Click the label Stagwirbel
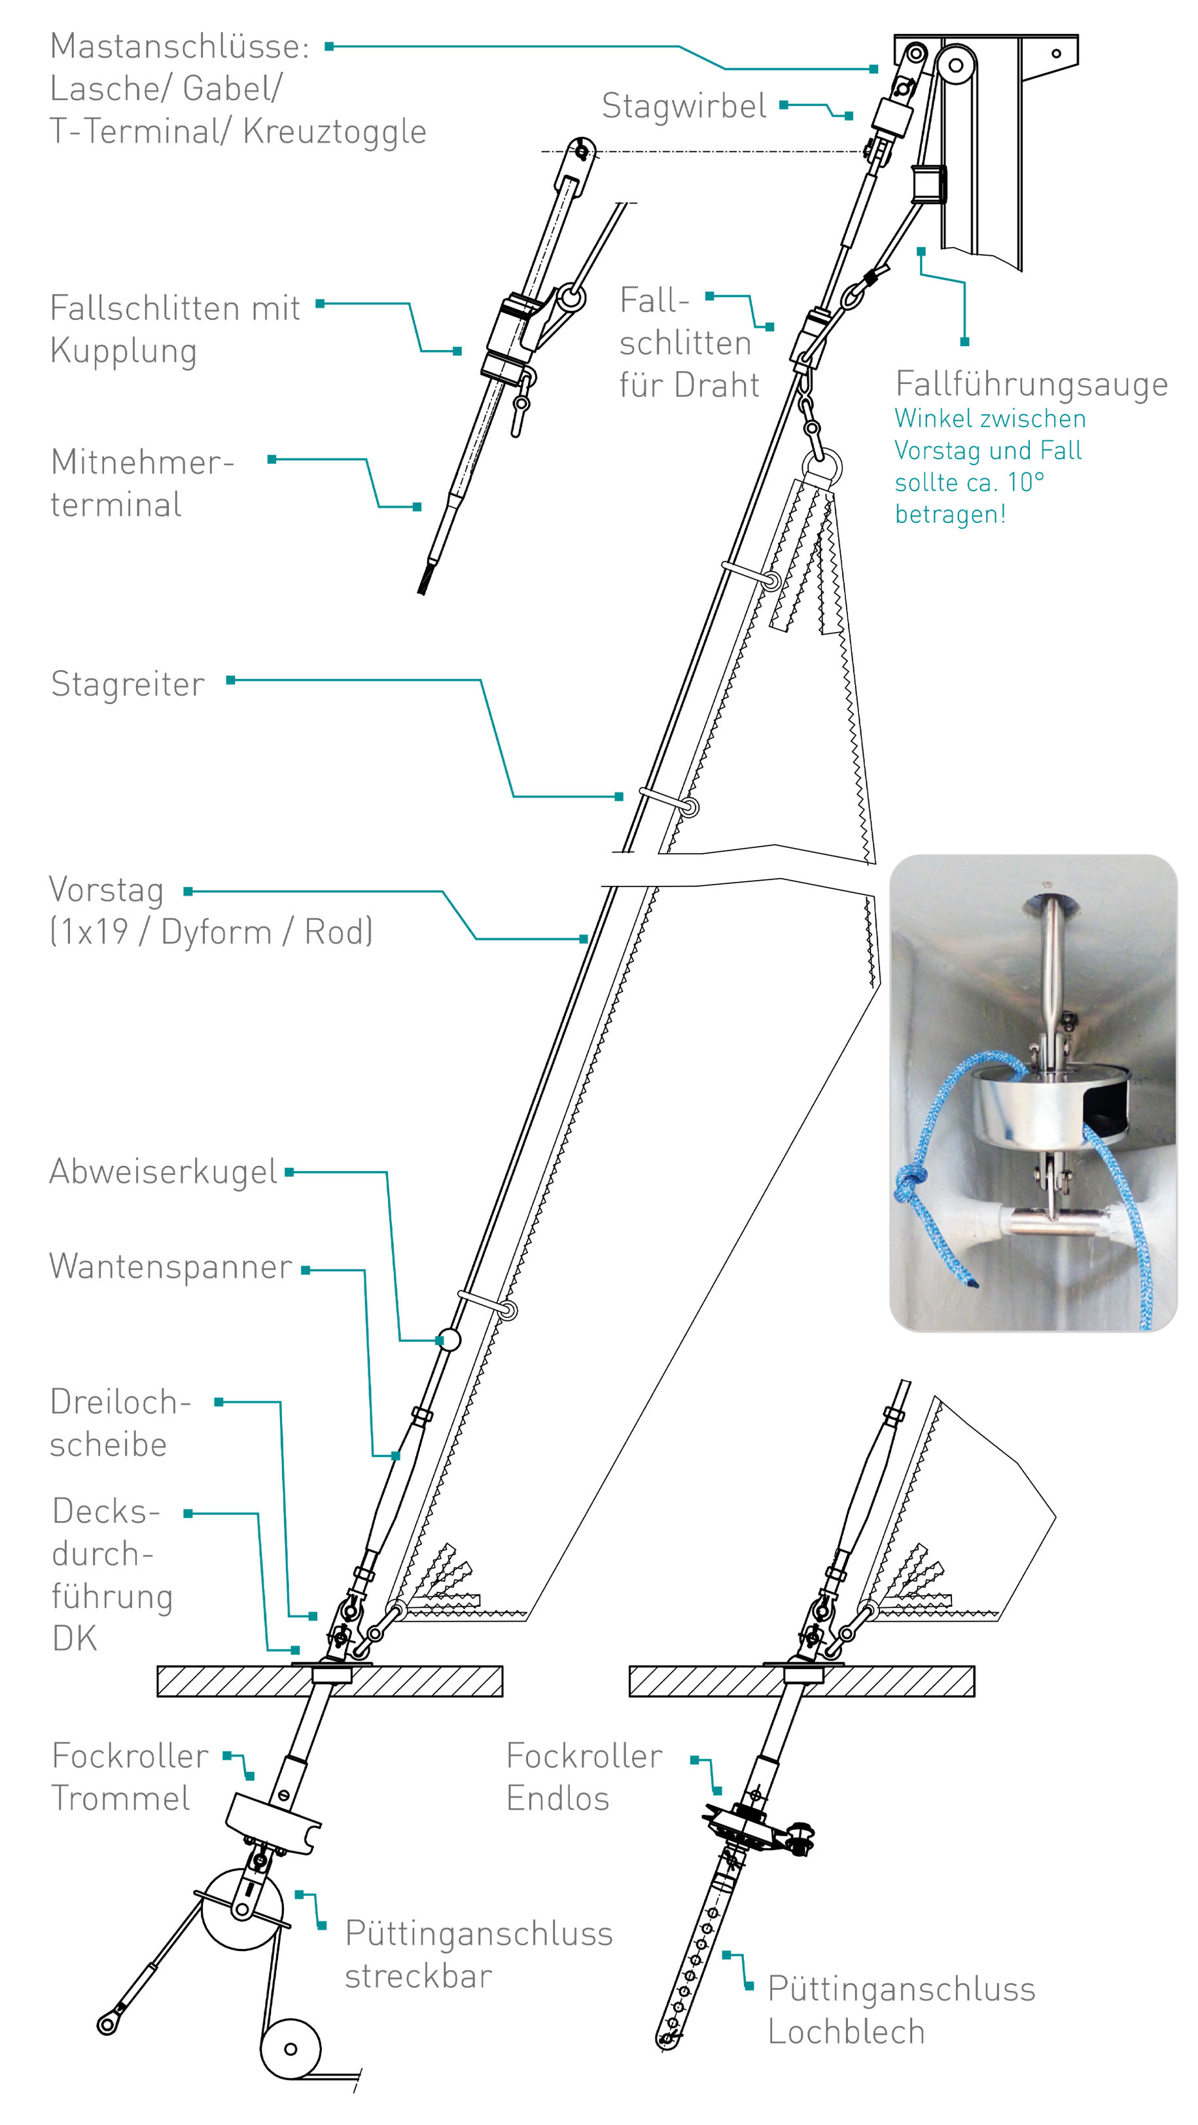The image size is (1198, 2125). [683, 107]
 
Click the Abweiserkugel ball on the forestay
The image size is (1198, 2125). [449, 1339]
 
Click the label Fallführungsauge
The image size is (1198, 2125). [1031, 385]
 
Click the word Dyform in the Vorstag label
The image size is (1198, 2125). [216, 933]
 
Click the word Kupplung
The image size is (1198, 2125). [124, 351]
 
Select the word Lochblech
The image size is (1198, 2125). [846, 2032]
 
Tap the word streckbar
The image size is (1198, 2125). [418, 1976]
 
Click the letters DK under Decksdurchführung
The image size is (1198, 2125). [74, 1638]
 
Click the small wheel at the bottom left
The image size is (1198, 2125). [291, 2048]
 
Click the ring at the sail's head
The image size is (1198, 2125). [822, 468]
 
